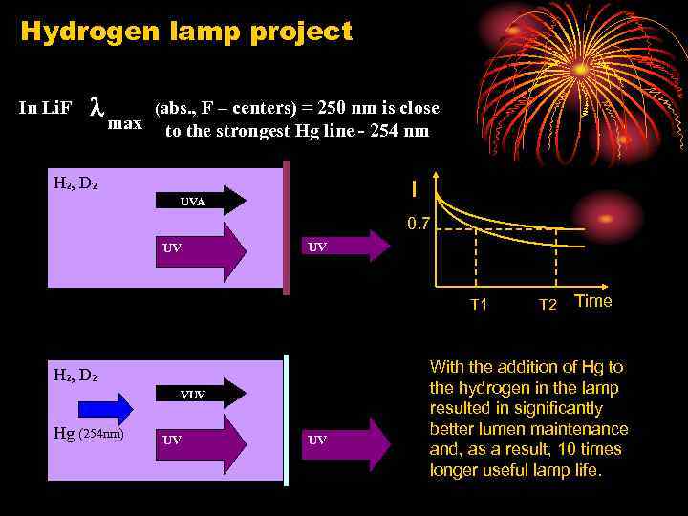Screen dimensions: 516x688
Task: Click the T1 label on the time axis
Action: pos(479,305)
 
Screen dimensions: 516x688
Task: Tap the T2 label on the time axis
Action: pos(548,305)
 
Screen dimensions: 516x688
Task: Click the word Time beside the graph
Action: pos(592,301)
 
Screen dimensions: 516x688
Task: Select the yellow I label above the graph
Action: pos(413,182)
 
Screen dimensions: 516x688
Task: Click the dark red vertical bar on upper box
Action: pos(287,226)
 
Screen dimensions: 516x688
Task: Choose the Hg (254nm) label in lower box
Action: pos(88,435)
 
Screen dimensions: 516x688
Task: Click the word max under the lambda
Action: pos(125,123)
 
